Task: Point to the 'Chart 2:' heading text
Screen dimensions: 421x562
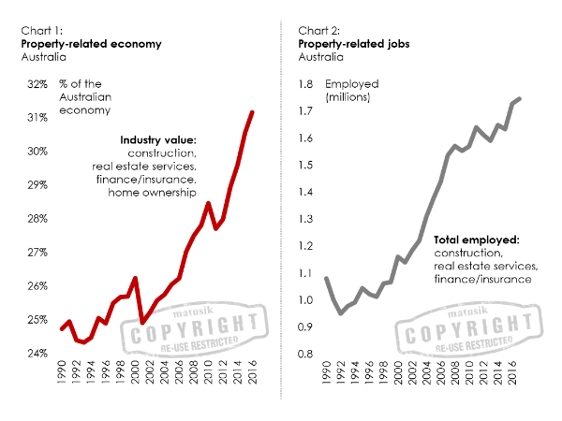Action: (x=317, y=30)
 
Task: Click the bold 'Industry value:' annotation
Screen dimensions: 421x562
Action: (x=157, y=139)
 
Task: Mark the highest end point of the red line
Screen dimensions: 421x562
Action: (x=252, y=112)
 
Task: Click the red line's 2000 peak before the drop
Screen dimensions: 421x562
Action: (x=136, y=279)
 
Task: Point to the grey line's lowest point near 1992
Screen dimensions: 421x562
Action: (x=341, y=312)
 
